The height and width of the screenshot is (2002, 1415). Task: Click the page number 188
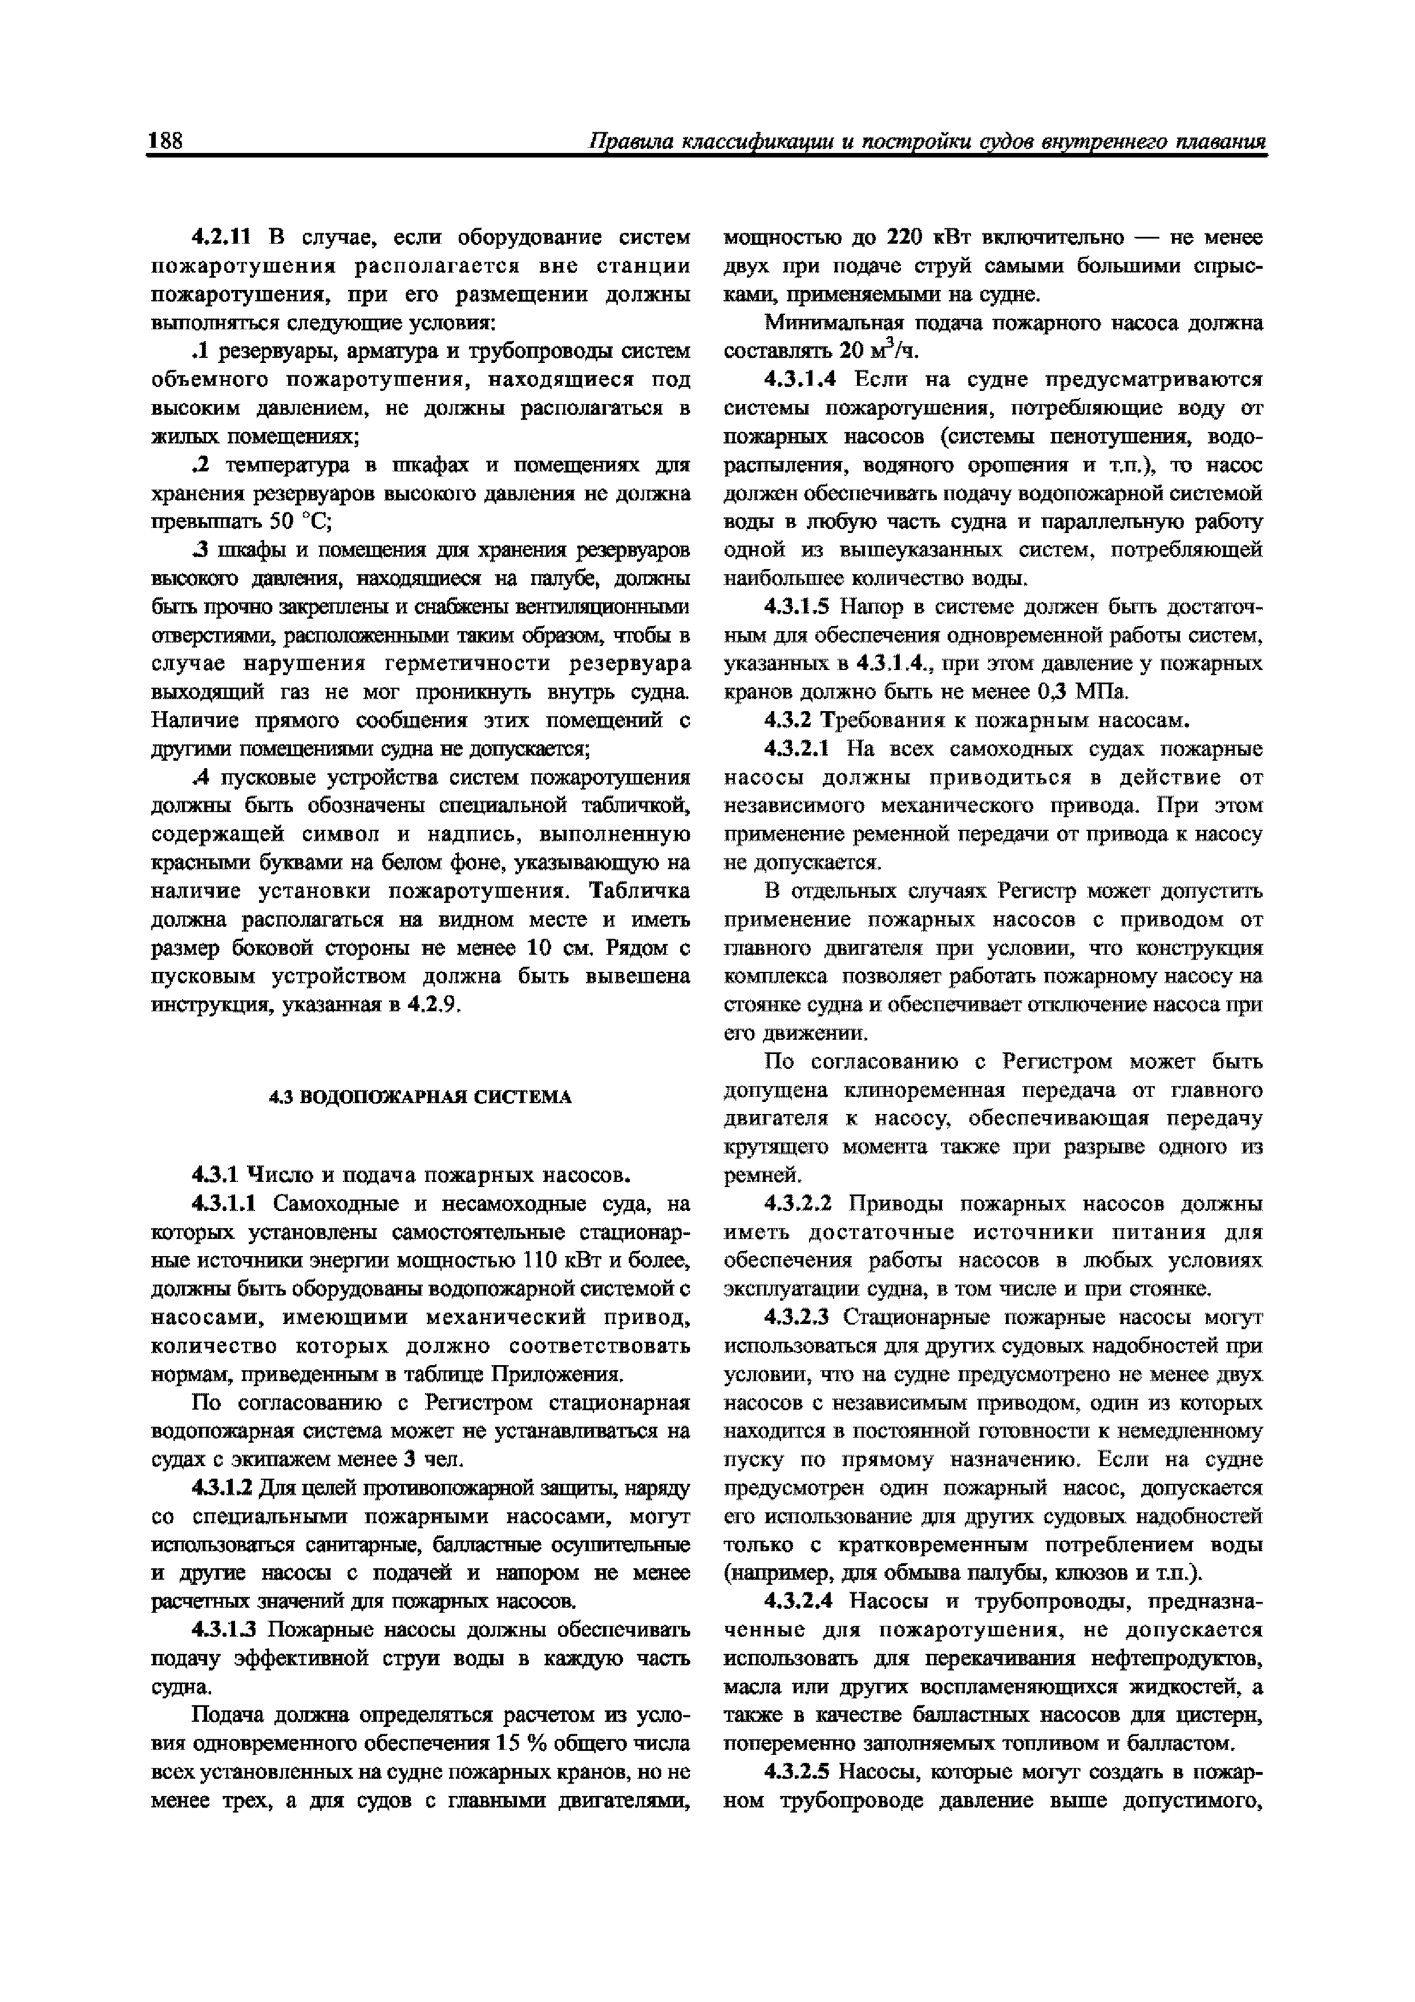165,142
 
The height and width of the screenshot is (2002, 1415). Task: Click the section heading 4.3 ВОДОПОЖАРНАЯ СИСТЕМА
419,1097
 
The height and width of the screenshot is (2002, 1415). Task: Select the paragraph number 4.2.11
221,237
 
